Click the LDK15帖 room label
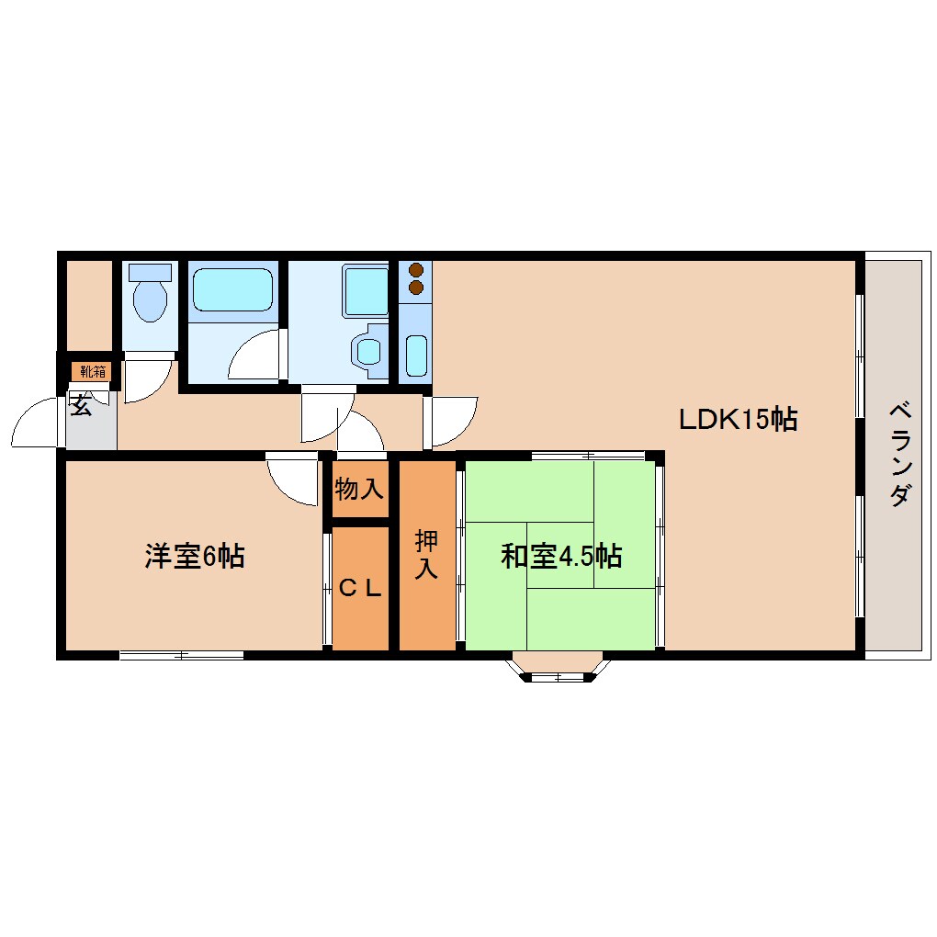click(x=737, y=419)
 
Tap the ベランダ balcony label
click(x=900, y=455)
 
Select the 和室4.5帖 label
click(x=561, y=556)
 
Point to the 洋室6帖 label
click(x=194, y=556)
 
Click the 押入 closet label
click(x=427, y=554)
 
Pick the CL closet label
click(x=360, y=589)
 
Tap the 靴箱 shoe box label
click(x=92, y=372)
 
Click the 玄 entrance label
click(x=81, y=405)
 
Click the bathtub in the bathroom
click(x=233, y=289)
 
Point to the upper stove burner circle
click(x=416, y=271)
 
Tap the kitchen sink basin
click(x=416, y=356)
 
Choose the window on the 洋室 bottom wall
click(x=181, y=655)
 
